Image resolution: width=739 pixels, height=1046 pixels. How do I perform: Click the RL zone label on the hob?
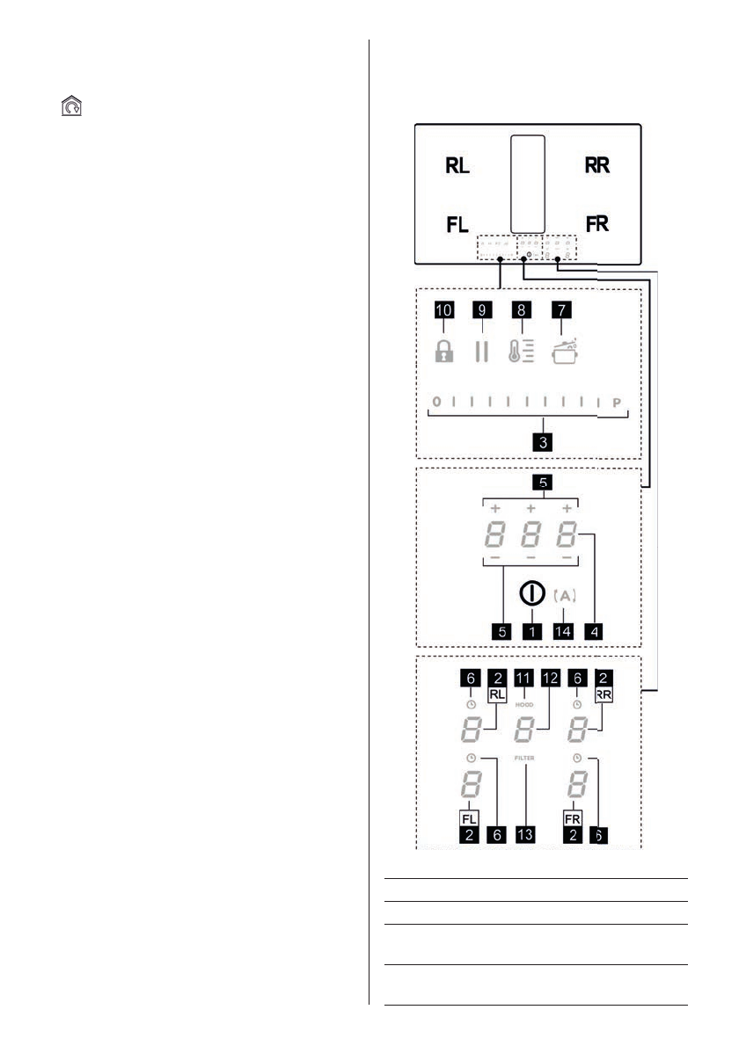(457, 167)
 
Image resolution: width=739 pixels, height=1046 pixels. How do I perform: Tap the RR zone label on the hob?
(597, 167)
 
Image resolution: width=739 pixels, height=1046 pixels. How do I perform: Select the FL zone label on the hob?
(457, 225)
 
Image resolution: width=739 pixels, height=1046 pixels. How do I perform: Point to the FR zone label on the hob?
(597, 225)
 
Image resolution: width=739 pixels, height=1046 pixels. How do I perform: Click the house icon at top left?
(70, 107)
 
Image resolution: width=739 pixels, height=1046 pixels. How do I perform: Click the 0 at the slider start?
(435, 403)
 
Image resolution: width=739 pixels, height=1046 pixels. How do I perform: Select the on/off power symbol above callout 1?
(530, 593)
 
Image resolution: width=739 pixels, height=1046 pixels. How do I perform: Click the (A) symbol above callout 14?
(567, 595)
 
